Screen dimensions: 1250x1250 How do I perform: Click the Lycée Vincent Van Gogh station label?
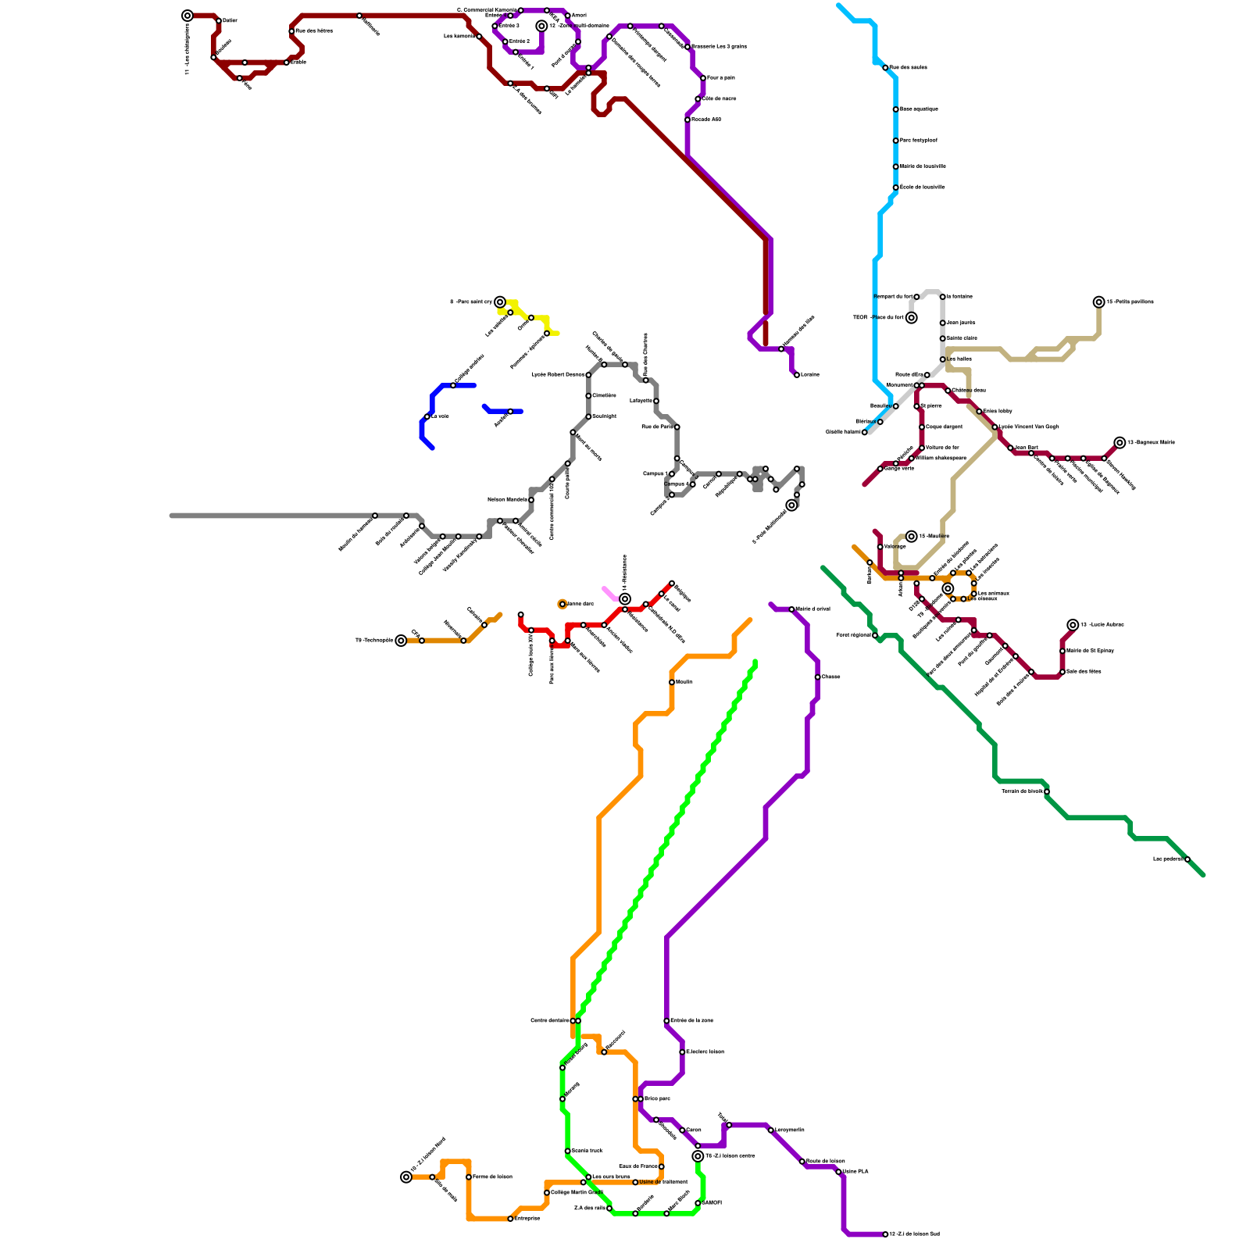[1030, 427]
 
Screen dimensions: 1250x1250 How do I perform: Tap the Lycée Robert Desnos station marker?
[588, 375]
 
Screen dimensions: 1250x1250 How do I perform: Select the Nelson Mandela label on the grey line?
[507, 500]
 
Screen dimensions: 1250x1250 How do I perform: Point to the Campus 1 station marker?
[672, 474]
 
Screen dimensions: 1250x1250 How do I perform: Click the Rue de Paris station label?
[656, 427]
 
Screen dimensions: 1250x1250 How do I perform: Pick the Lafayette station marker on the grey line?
[656, 401]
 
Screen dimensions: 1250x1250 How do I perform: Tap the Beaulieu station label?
[880, 406]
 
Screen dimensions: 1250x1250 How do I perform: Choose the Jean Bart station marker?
[1010, 448]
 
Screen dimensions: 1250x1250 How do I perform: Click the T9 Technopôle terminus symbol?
[401, 641]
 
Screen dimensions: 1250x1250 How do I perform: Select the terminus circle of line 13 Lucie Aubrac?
[1073, 625]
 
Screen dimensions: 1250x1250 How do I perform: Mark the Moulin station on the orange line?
[672, 682]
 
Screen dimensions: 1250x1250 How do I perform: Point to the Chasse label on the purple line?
[830, 677]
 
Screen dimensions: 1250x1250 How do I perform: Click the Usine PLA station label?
[855, 1172]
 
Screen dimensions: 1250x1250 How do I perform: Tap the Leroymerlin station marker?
[770, 1130]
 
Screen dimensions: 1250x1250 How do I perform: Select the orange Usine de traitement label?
[663, 1182]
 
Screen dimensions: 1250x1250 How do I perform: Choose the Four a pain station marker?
[703, 78]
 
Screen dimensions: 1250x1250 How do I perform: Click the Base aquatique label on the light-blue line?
[919, 109]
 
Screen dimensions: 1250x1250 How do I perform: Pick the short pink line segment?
[609, 593]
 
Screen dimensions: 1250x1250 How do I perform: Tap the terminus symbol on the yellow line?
[500, 302]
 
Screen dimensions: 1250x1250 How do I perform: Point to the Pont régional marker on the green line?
[875, 635]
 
